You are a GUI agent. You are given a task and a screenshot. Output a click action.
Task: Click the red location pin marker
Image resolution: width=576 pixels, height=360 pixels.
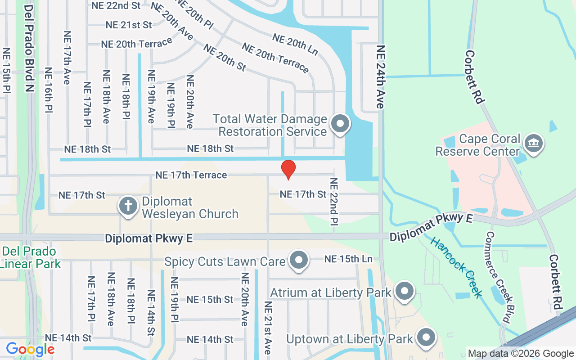pos(288,169)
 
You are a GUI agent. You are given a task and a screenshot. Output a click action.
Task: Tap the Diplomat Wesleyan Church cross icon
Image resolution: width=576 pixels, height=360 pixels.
pos(128,206)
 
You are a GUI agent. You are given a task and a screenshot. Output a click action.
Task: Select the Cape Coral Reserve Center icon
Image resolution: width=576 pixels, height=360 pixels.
pos(534,144)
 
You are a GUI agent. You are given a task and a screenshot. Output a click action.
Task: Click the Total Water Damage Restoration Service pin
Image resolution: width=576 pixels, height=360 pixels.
pos(340,123)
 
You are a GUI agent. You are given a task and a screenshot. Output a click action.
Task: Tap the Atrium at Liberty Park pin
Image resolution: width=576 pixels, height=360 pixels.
pos(405,291)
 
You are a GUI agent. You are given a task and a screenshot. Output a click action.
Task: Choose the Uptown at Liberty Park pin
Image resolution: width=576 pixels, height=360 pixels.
pos(426,337)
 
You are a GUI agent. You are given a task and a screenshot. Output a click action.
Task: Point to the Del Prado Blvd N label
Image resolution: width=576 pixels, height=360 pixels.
pos(29,48)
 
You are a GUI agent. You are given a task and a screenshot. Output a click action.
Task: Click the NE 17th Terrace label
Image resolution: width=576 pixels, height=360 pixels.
pos(191,175)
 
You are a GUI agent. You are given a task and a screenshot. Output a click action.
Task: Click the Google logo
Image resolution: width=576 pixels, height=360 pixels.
pos(30,349)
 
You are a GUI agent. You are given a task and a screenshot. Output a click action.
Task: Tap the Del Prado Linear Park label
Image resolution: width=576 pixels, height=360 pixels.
pos(30,257)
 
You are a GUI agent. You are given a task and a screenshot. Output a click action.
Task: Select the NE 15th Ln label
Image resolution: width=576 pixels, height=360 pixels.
pos(348,259)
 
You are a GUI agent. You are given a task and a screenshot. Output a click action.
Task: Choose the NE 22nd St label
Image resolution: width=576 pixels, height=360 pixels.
pos(116,6)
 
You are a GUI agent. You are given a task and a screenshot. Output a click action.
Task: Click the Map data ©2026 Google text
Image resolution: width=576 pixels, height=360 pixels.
pos(521,354)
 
